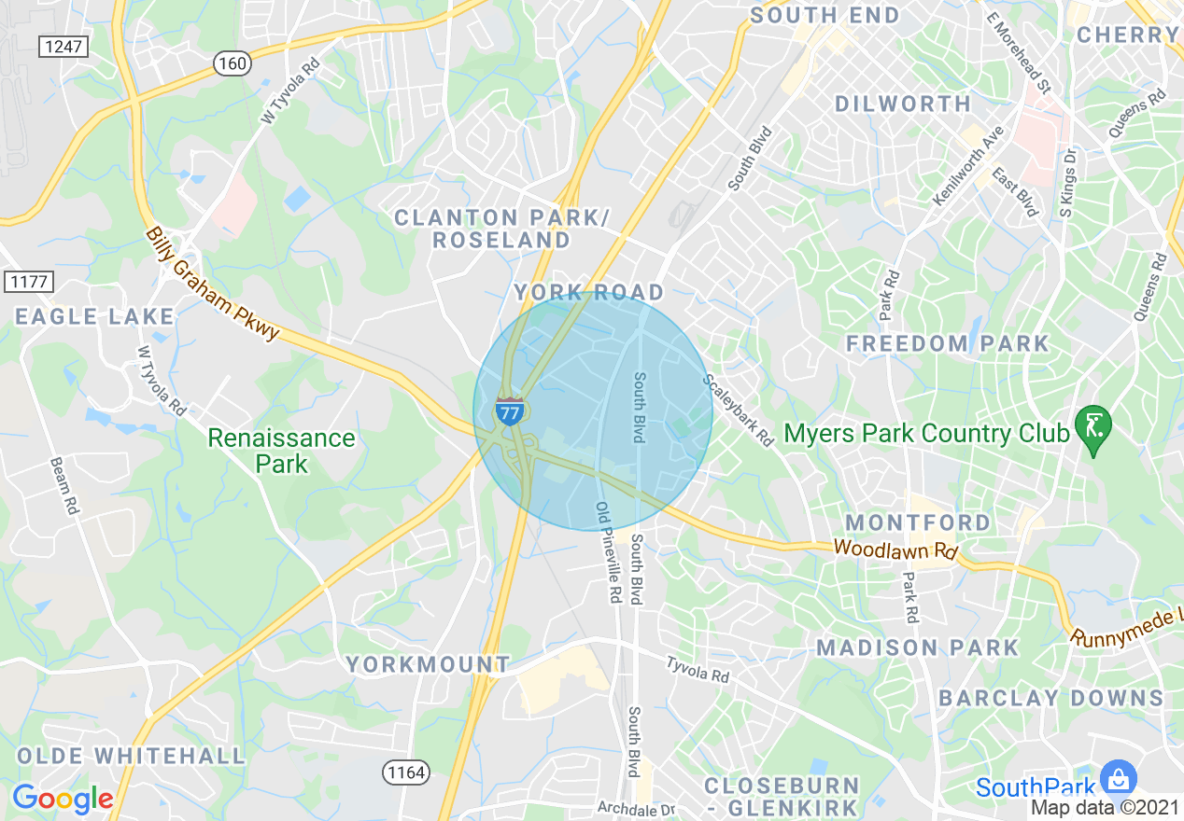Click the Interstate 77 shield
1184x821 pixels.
coord(510,410)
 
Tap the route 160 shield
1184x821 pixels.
coord(232,63)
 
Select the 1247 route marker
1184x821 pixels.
coord(64,46)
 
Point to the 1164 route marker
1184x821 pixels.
coord(405,772)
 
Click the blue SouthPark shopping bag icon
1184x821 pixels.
coord(1117,777)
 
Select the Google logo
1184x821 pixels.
coord(63,799)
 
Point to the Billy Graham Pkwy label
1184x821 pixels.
coord(213,284)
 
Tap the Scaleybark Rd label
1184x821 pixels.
coord(739,410)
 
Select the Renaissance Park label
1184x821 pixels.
coord(281,450)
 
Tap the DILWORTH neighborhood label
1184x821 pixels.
coord(903,104)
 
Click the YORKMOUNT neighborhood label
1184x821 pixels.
coord(429,664)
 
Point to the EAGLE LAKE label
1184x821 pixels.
coord(94,316)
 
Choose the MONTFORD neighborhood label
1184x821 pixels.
coord(918,522)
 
